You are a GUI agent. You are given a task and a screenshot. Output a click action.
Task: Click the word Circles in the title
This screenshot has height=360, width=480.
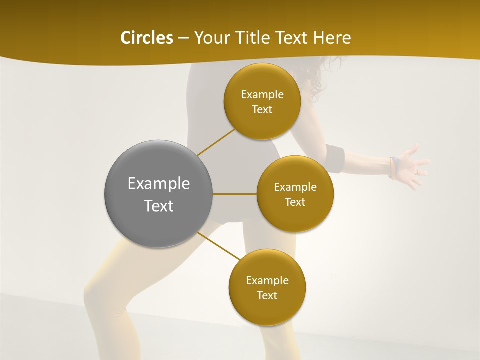coord(146,38)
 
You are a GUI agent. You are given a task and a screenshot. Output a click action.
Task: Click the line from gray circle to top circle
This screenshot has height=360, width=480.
coord(216,142)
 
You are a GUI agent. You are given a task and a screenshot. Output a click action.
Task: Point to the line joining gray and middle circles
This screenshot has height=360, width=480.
coord(235,194)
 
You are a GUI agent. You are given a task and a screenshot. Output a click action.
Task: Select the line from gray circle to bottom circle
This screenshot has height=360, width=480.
coord(219,246)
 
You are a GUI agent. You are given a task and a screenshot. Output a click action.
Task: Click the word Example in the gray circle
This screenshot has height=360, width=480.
coord(158,184)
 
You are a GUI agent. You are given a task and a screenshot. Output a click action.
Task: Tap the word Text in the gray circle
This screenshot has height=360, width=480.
coord(158,206)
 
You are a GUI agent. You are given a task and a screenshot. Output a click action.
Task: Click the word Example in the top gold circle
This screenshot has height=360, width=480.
coord(262,95)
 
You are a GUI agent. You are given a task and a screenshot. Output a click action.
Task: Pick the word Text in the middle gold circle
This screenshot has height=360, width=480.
coord(295,202)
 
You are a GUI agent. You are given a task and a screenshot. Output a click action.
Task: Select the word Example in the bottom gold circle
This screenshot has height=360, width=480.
coord(267,280)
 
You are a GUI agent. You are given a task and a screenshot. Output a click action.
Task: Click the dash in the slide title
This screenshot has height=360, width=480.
coord(183,38)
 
